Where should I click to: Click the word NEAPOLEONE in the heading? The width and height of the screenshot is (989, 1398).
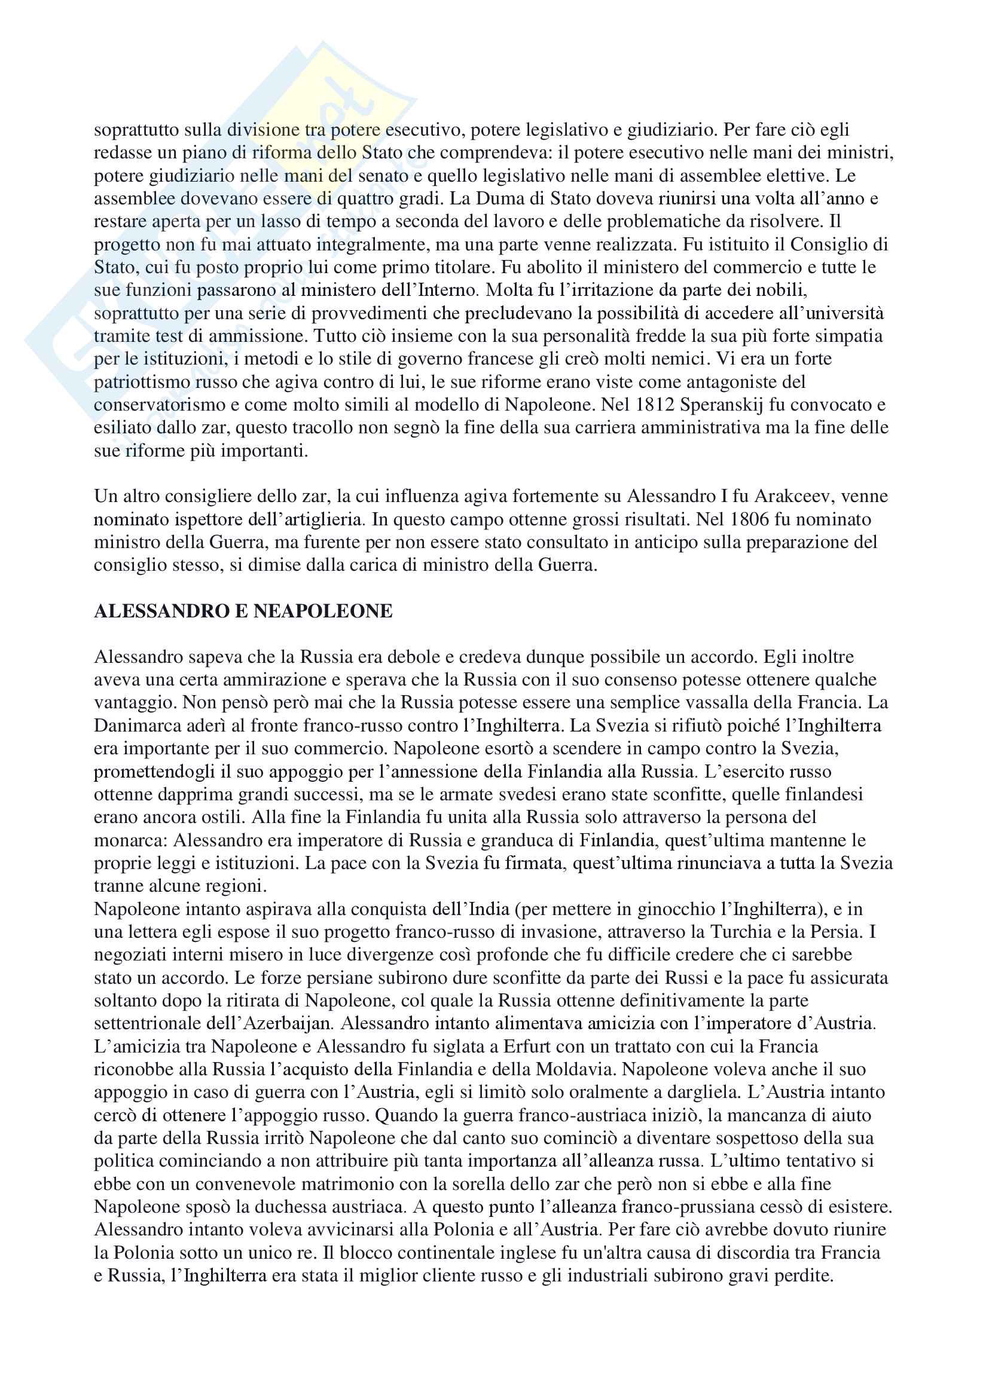tap(323, 611)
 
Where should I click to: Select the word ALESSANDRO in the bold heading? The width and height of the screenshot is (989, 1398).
tap(160, 611)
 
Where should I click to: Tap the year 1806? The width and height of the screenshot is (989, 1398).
tap(751, 519)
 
